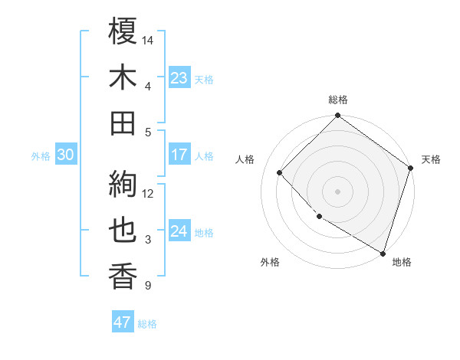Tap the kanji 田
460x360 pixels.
(x=123, y=123)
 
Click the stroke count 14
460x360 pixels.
(x=148, y=40)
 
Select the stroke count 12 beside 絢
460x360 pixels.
(x=148, y=193)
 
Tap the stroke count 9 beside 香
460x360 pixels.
(x=148, y=286)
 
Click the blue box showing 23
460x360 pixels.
(x=179, y=78)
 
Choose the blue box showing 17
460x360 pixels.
(x=179, y=155)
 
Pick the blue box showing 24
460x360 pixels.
(x=179, y=231)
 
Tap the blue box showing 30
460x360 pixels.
(x=65, y=155)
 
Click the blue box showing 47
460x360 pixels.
(x=123, y=322)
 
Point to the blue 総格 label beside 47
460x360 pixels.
(x=147, y=324)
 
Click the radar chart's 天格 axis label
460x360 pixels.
(x=431, y=159)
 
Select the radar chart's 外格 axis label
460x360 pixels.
(x=270, y=262)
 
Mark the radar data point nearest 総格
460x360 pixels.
(x=338, y=116)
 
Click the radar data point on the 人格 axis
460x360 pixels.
(x=280, y=172)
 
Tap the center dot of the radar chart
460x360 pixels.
(x=338, y=191)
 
